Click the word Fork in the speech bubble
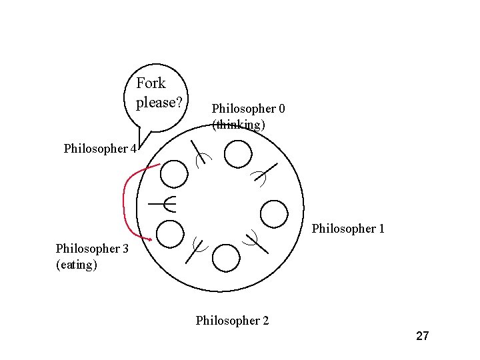pos(151,83)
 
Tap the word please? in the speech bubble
pos(159,103)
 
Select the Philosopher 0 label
pos(248,108)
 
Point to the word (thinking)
pos(239,125)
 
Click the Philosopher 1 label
pos(348,229)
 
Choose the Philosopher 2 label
pos(232,321)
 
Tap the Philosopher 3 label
pos(92,249)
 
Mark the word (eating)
pos(77,265)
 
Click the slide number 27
pos(422,335)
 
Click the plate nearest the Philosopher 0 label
pos(238,155)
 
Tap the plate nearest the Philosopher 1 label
pos(273,214)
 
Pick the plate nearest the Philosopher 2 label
pos(227,258)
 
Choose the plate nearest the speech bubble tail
pos(175,174)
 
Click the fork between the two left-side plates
pos(163,203)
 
